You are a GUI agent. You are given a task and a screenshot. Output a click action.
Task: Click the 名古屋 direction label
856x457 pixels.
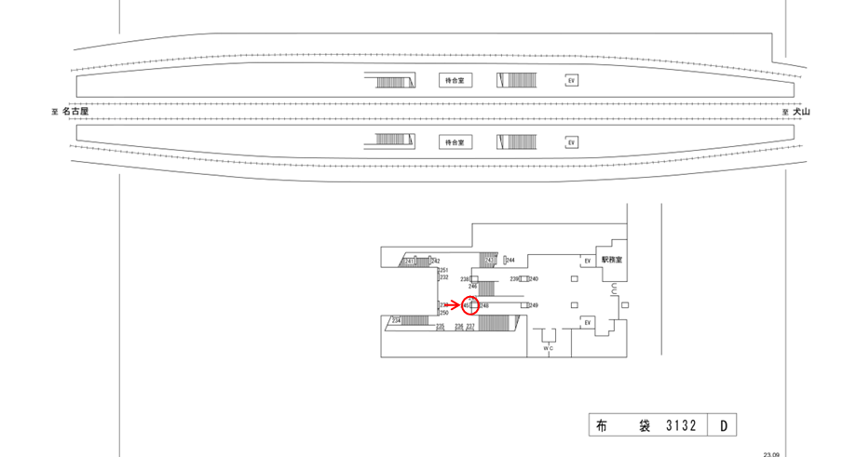[x=74, y=112]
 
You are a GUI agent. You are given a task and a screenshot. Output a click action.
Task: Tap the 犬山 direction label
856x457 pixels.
[x=802, y=112]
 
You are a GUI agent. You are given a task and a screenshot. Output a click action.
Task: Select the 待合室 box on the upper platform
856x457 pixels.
[x=454, y=82]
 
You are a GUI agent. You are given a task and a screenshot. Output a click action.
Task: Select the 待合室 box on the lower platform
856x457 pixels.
[x=454, y=142]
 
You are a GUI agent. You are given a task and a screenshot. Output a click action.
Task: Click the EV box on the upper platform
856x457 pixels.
[x=571, y=82]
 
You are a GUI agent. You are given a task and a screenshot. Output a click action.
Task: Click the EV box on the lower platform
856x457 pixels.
[x=571, y=142]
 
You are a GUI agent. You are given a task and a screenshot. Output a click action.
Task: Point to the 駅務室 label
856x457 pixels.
[x=611, y=260]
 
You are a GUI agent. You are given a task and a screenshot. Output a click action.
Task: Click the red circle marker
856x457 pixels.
[x=470, y=305]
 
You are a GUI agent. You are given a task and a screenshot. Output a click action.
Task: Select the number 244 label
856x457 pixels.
[x=510, y=261]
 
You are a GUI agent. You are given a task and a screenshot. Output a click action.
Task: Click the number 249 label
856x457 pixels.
[x=534, y=305]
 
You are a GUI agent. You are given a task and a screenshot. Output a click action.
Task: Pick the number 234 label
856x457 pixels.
[x=396, y=320]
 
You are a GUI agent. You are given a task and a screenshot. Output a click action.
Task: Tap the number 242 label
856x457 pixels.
[x=435, y=261]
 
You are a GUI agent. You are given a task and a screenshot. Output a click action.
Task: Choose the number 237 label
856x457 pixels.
[x=471, y=327]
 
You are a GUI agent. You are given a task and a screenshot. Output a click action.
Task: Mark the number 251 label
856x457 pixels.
[x=444, y=270]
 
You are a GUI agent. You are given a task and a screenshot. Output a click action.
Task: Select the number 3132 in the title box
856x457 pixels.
[x=683, y=426]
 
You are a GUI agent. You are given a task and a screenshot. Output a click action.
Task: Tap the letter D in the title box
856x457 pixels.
[x=724, y=426]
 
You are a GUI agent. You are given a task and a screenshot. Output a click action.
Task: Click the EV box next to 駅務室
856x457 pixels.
[x=587, y=262]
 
